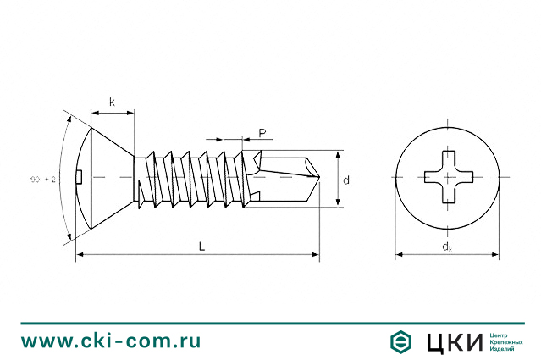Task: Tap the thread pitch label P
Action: [262, 133]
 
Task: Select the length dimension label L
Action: [201, 246]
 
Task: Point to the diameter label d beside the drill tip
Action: [347, 180]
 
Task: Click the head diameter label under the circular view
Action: [446, 246]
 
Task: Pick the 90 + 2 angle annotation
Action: [43, 180]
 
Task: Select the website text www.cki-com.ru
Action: [111, 341]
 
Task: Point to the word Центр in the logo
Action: [501, 335]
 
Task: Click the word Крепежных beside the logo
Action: [506, 341]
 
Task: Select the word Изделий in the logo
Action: [504, 348]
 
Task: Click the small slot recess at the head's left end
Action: [79, 177]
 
